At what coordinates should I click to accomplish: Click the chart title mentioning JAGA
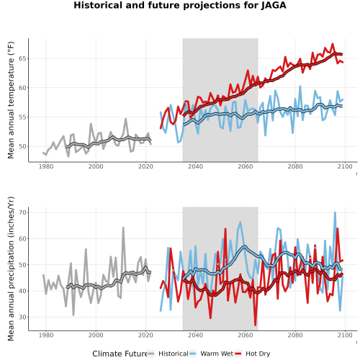pos(180,5)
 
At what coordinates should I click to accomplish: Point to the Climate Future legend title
pos(120,354)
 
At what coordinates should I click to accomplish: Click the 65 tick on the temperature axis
pos(23,58)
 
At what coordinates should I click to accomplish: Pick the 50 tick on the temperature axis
pos(23,146)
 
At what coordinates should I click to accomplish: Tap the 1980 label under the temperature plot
pos(46,166)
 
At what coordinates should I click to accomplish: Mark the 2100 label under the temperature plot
pos(345,166)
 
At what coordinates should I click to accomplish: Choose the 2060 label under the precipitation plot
pos(246,335)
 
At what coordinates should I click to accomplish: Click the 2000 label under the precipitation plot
pos(96,335)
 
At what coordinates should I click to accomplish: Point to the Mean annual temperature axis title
pos(11,100)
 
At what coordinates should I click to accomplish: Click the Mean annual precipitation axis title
pos(11,269)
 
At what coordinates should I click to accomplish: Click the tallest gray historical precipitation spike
pos(123,228)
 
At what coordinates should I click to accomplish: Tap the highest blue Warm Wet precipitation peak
pos(335,212)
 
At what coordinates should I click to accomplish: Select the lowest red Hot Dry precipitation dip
pos(255,325)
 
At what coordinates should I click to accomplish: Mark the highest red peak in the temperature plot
pos(333,44)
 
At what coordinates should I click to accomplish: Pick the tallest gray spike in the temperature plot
pos(126,119)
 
